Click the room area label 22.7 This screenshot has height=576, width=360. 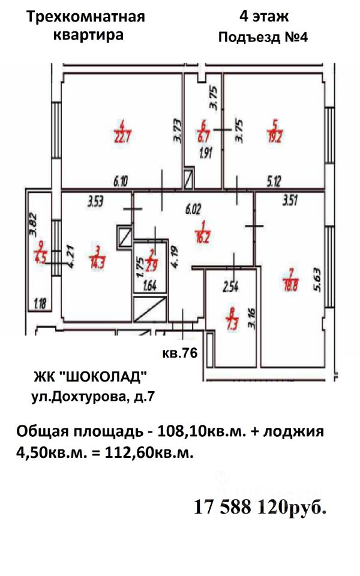[x=122, y=135]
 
